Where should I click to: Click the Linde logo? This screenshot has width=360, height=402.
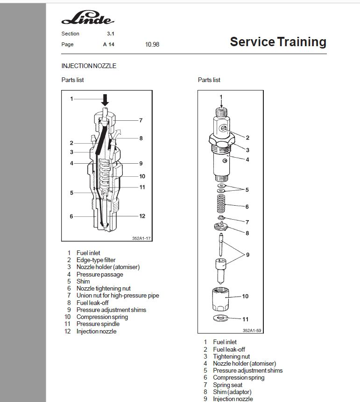pos(88,17)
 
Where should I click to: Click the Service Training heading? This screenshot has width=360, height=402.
pos(278,42)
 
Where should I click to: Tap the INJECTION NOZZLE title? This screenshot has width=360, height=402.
pos(89,66)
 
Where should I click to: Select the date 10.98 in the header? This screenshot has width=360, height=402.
pos(152,44)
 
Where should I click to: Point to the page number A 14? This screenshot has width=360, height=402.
pos(109,44)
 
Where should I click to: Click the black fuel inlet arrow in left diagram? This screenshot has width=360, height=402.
pos(105,100)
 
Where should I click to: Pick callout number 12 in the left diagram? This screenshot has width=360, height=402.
pos(142,216)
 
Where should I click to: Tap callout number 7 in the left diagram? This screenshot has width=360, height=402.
pos(141,120)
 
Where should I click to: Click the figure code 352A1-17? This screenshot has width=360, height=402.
pos(141,238)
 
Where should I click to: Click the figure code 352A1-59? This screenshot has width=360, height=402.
pos(252,331)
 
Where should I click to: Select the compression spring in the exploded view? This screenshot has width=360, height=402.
pos(221,204)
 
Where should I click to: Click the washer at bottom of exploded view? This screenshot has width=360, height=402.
pos(220,318)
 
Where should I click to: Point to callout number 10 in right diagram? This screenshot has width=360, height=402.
pos(245,296)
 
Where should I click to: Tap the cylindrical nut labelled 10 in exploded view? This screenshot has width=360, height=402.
pos(221,299)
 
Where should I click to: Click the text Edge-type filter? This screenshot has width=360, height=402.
pos(96,260)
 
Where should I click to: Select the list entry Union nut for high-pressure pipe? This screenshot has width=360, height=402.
pos(118,295)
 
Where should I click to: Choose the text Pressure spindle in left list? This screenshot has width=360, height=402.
pos(98,324)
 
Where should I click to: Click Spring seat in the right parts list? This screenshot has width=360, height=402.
pos(227,385)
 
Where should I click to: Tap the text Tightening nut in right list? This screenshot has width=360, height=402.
pos(231,356)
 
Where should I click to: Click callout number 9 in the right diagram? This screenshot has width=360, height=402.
pos(247,255)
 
